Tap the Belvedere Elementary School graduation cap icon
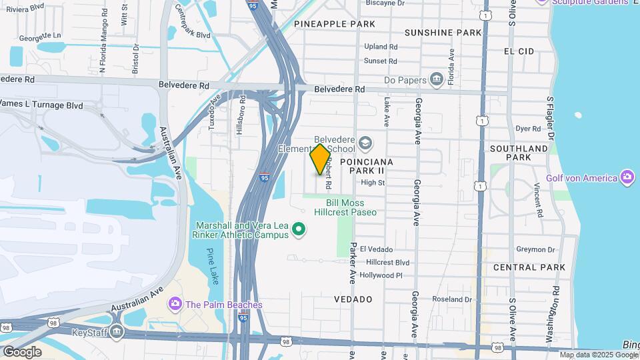tap(365, 143)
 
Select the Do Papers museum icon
tap(437, 80)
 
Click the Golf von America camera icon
tap(627, 177)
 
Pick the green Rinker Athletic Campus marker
tap(299, 231)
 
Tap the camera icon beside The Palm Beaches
tap(175, 305)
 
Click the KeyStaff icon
tap(117, 331)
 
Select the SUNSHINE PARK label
tap(443, 33)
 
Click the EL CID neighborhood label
tap(519, 51)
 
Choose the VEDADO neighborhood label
tap(353, 299)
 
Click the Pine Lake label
tap(212, 266)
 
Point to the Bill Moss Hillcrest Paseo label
tap(351, 207)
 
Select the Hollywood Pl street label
tap(381, 275)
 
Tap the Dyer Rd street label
tap(527, 129)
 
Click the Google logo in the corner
tap(22, 351)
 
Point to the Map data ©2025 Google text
tap(598, 355)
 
